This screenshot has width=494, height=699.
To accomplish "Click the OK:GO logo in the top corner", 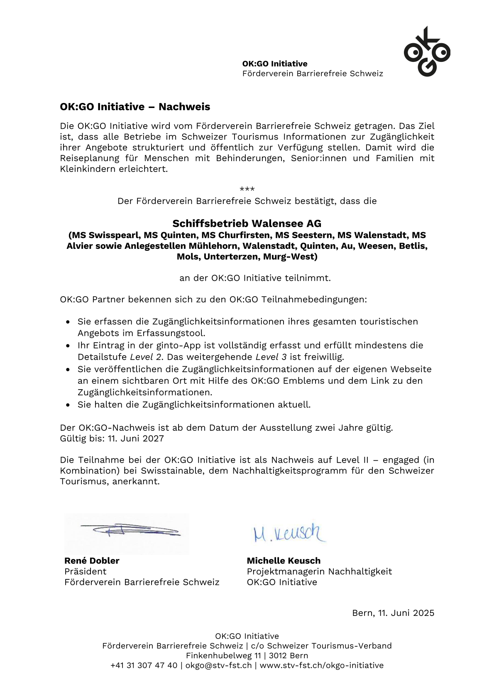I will coord(427,52).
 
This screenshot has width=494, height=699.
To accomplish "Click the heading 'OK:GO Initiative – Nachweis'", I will coord(135,107).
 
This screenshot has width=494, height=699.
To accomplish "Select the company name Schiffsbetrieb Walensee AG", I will coord(247,223).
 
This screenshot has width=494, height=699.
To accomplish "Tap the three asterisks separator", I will coord(247,189).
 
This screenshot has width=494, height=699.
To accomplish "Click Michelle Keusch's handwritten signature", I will coord(289,533).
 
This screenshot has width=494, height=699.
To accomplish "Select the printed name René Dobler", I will coord(92,561).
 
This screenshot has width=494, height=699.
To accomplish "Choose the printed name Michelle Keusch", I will coord(284,561).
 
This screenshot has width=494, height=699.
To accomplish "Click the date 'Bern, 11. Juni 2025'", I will coord(393,613).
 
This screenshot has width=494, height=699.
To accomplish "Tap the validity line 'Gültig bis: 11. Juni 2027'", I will coord(112,439).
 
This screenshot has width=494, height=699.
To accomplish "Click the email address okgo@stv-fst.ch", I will coord(218,665).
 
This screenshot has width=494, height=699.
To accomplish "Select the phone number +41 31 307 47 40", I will coord(144,665).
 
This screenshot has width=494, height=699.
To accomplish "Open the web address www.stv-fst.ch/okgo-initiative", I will coord(321,665).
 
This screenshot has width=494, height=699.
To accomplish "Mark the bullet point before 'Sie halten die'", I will coord(68,405).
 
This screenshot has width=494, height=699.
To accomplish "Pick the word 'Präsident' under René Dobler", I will coord(85,571).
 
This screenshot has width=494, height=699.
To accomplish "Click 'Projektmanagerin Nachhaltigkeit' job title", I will coord(319,571).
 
